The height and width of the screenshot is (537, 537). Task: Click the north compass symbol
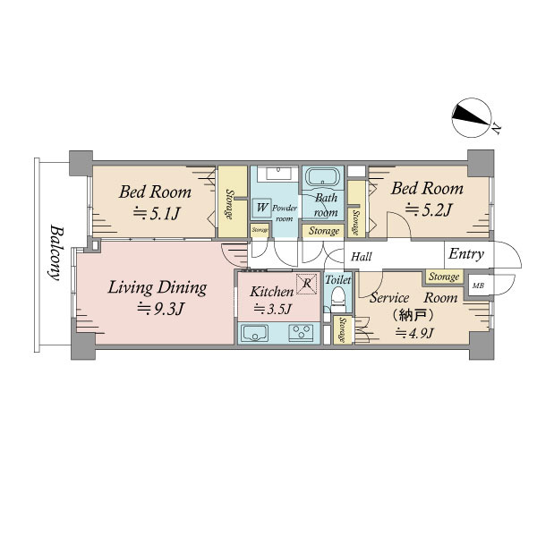coord(471,118)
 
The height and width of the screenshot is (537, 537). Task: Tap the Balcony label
coord(55,252)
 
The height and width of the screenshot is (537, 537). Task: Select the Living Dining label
coord(158,288)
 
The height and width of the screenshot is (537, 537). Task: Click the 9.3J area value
coord(160,309)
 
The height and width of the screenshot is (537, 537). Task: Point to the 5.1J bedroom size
coord(156,213)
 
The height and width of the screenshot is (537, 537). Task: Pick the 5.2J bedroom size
coord(428,210)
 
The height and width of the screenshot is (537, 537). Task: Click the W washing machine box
coord(261,208)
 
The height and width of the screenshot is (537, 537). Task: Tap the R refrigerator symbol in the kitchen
coord(307,284)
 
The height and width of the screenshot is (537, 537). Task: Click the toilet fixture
coord(338,298)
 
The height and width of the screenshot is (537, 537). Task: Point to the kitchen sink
coord(255,333)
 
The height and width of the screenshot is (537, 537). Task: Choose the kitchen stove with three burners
coord(302,333)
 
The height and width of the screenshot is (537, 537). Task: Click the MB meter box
coord(478,285)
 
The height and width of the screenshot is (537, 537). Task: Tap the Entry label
coord(466,254)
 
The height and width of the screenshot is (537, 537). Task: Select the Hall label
coord(362,257)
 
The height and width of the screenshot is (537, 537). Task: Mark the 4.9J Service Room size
coord(414,332)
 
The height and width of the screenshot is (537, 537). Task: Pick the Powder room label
coord(285,213)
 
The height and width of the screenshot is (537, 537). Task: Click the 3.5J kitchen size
coord(272,309)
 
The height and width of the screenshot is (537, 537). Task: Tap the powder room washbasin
coord(278,173)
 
